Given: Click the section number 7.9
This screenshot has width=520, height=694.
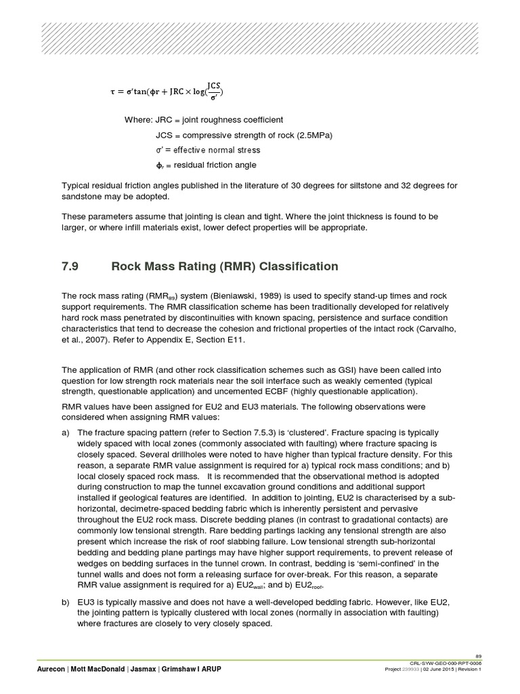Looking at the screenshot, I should (x=70, y=266).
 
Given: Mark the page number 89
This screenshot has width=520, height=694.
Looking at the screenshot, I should (x=478, y=656).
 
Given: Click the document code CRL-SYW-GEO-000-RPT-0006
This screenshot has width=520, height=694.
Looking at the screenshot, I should (x=445, y=663).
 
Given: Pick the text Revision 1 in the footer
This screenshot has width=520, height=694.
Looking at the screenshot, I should (x=467, y=670).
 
